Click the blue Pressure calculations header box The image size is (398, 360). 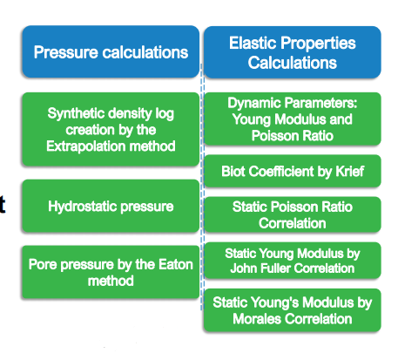111,51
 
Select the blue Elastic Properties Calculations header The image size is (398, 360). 293,52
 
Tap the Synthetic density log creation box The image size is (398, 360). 111,129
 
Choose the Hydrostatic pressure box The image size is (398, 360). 111,206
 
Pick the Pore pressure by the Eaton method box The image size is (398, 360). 111,272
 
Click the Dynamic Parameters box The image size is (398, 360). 293,119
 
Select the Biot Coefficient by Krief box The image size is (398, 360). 293,171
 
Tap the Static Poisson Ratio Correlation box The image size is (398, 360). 293,214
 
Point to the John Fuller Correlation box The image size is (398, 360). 293,261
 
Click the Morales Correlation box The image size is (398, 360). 293,310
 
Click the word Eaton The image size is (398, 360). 176,264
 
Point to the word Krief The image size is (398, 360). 350,171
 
